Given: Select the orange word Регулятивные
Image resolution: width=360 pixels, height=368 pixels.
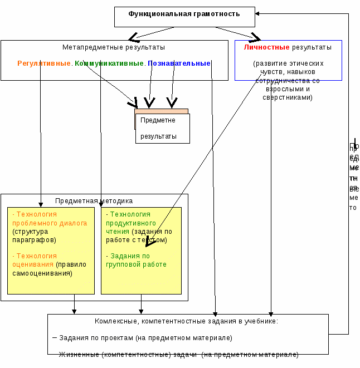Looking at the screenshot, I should click(45, 63).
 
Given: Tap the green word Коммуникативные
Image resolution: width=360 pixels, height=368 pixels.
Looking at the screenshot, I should click(109, 63).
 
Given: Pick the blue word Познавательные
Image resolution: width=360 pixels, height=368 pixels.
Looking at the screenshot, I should click(179, 63).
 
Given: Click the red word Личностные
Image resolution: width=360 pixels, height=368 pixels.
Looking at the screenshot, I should click(266, 47).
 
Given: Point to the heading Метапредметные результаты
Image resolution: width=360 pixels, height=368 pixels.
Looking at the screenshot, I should click(114, 48).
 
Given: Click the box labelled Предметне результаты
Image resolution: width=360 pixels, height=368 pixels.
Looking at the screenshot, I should click(162, 128).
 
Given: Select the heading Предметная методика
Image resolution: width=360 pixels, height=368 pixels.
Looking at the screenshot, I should click(94, 201).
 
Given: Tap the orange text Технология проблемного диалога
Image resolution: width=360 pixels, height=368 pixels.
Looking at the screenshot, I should click(50, 218).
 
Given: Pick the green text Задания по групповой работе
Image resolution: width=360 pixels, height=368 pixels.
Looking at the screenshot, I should click(137, 260).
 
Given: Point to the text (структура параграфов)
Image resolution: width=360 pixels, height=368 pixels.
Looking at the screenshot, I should click(34, 235).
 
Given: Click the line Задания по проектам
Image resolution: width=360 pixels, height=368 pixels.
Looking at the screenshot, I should click(145, 338).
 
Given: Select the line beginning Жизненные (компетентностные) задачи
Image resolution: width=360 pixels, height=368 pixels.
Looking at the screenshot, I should click(178, 355).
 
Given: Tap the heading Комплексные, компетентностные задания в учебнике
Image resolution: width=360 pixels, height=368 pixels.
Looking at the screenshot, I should click(186, 321).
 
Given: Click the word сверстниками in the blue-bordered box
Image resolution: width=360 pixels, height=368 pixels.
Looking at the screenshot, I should click(287, 97).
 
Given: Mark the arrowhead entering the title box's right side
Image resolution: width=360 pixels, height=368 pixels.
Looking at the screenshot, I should click(259, 14).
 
